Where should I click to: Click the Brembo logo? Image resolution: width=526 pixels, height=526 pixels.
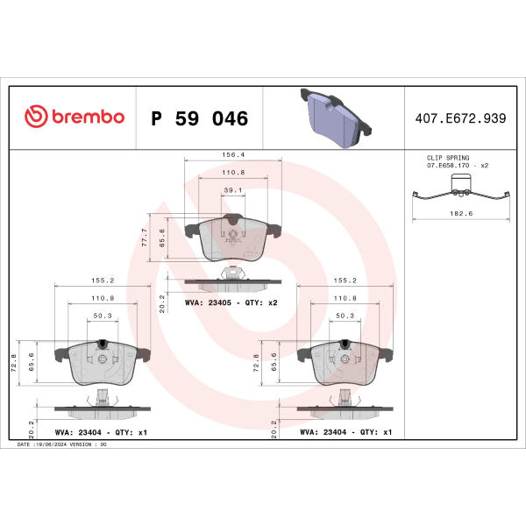pos(75,117)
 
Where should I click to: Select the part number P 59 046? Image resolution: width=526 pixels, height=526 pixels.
pos(200,118)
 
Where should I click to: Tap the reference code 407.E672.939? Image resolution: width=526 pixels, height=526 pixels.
pos(460,118)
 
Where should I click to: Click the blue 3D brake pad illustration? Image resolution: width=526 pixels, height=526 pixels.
pos(336,117)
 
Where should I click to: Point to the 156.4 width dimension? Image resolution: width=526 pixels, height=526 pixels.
pos(233,154)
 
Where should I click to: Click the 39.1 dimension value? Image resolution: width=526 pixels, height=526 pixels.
pos(233,190)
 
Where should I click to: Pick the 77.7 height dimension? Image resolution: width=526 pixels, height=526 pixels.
pos(145,238)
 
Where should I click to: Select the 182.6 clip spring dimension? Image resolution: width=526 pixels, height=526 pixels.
pos(461,213)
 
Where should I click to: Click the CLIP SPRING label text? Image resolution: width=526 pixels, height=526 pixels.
pos(448,158)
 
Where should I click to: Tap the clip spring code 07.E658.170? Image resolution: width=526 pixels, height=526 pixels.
pos(448,166)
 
